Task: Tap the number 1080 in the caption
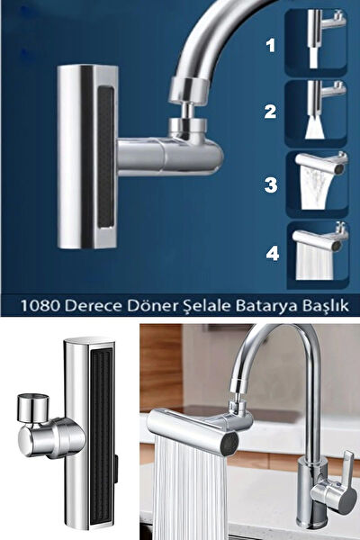[x=72, y=305]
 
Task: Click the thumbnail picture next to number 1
[x=315, y=40]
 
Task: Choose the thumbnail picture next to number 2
[x=315, y=112]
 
